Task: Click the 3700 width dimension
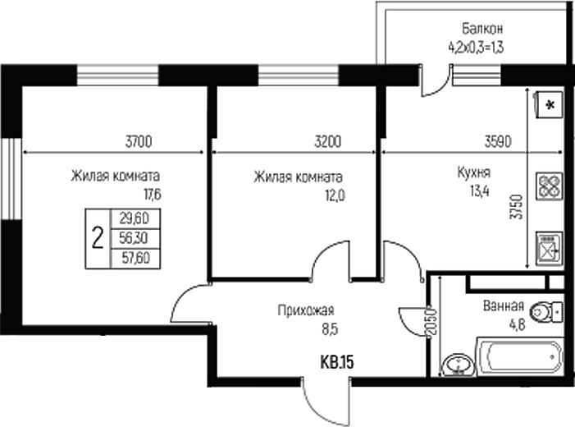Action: pos(139,141)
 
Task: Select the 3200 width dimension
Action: pos(328,141)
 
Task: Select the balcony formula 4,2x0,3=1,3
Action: pos(475,47)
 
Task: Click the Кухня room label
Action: pos(474,173)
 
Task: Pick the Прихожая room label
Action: pos(306,310)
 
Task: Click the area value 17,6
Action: pos(151,195)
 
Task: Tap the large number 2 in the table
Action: pos(98,238)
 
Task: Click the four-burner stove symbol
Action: pos(547,186)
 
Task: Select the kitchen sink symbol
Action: pos(547,246)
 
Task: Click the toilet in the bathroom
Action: pos(545,312)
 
